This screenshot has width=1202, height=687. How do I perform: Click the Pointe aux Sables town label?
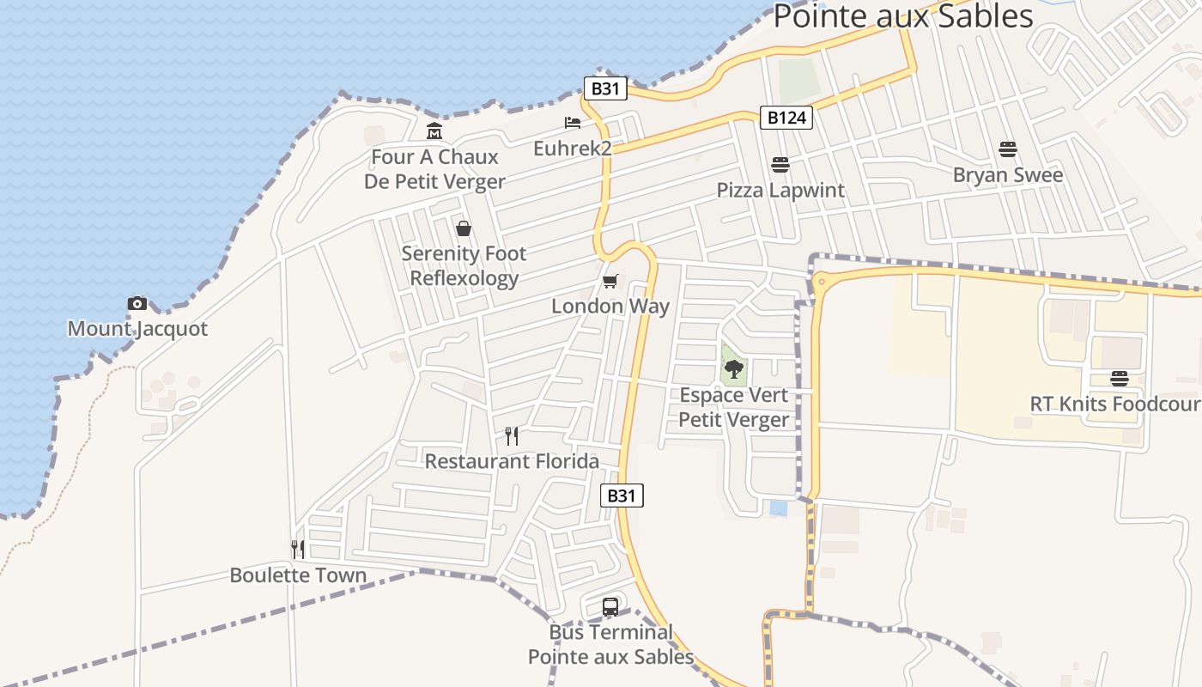[x=902, y=15]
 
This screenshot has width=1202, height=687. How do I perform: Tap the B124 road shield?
[x=786, y=118]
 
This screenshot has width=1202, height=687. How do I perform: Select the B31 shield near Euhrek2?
[x=605, y=88]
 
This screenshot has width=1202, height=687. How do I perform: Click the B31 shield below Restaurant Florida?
[x=622, y=495]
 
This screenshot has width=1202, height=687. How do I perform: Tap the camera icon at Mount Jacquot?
[x=137, y=303]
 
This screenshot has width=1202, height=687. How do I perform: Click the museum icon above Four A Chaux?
[x=434, y=131]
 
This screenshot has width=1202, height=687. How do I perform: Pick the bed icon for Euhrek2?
[x=573, y=124]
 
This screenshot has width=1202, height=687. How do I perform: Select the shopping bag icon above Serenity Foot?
[x=464, y=228]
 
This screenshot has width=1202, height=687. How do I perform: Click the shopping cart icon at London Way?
[x=610, y=281]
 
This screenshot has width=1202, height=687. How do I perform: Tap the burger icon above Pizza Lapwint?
[x=780, y=164]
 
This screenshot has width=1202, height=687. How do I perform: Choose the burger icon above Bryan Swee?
[x=1008, y=149]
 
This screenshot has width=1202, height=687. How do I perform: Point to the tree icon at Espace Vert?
[x=733, y=369]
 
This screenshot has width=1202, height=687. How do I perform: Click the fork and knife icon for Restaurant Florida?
[x=512, y=436]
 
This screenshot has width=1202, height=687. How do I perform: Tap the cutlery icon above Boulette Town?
[x=298, y=550]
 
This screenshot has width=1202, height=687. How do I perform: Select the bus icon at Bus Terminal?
[x=610, y=607]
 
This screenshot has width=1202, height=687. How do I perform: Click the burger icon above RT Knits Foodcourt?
[x=1119, y=378]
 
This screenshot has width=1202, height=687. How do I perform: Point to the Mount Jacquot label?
[x=137, y=329]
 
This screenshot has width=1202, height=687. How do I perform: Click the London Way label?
[x=610, y=307]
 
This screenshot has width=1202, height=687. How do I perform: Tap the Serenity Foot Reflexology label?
[x=464, y=265]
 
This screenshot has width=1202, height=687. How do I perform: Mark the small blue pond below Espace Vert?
[x=779, y=508]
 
